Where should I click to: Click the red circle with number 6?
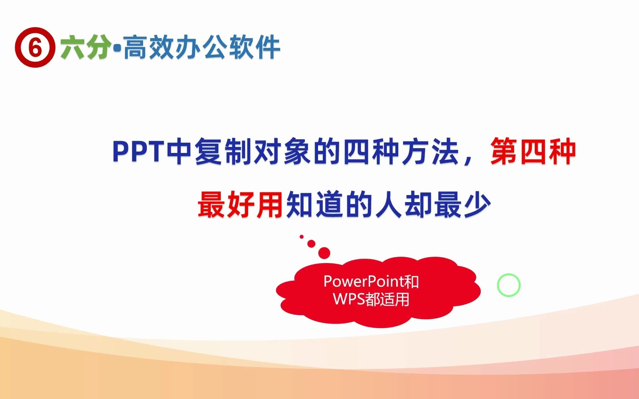(35, 47)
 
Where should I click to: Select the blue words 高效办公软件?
(202, 47)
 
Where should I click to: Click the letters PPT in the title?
(138, 151)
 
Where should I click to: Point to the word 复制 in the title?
(224, 151)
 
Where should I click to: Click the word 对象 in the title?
(283, 151)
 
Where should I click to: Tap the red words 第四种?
(532, 151)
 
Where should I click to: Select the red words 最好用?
(240, 205)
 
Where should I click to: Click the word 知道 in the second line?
(315, 205)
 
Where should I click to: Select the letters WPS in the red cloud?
(348, 299)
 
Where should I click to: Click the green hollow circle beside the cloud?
(508, 285)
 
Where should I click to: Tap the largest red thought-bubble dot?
(324, 253)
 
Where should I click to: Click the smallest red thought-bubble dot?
(302, 236)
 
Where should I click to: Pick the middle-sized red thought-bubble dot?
(311, 244)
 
